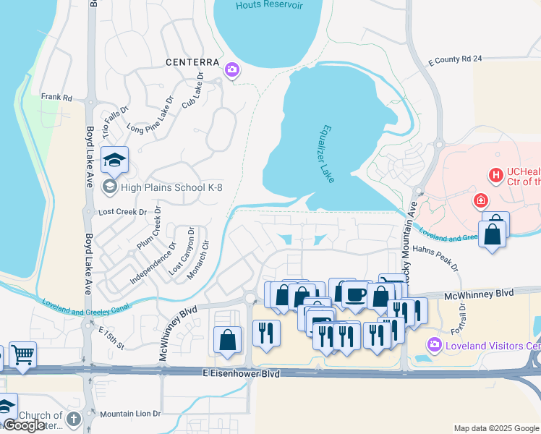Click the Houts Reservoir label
267,6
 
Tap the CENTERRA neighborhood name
194,62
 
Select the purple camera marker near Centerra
233,70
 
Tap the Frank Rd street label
56,97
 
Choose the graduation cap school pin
114,160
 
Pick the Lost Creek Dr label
122,213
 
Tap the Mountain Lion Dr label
130,414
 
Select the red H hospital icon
496,175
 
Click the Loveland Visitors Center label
493,344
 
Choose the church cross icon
73,419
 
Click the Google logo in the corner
25,425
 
